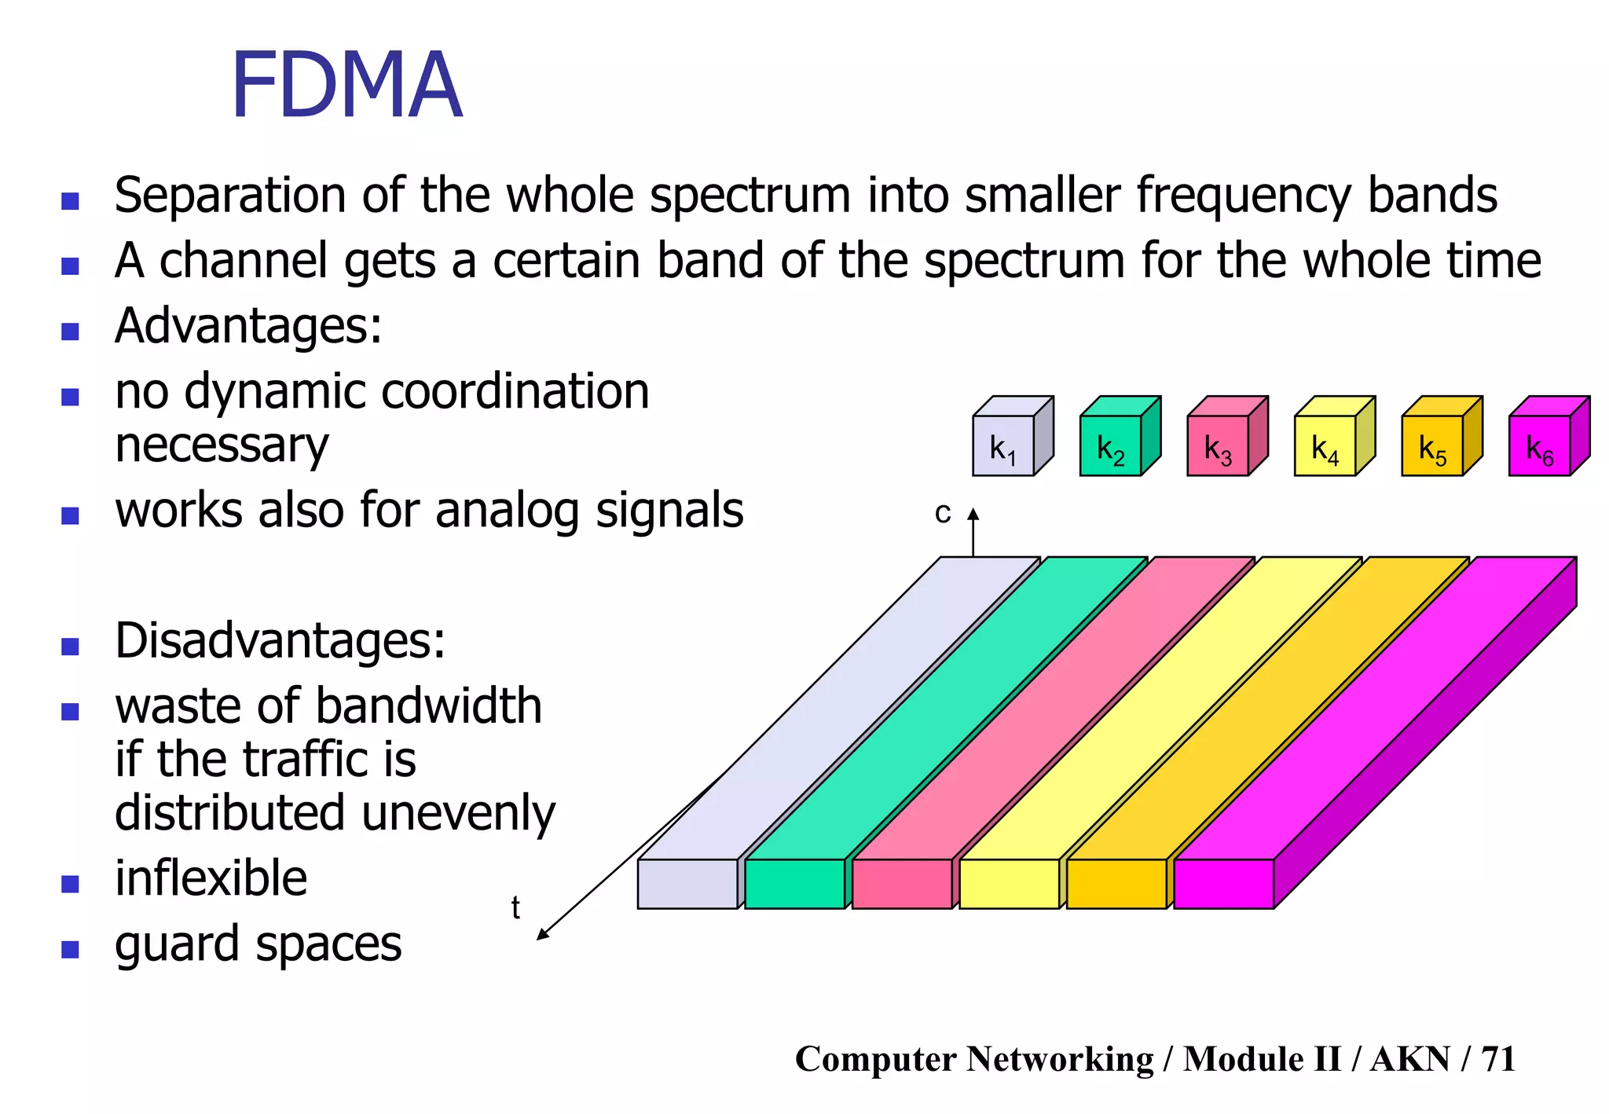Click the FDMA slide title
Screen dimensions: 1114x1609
[346, 86]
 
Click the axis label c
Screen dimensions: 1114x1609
[943, 514]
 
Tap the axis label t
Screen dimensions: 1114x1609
[515, 908]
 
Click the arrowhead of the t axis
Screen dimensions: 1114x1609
[541, 935]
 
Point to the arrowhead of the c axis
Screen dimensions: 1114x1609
[973, 514]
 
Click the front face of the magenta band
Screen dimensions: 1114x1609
[1223, 884]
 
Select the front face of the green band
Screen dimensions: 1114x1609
[794, 884]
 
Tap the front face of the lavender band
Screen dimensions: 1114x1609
[687, 884]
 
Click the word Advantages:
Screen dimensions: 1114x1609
[248, 325]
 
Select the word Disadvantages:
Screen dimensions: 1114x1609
[280, 641]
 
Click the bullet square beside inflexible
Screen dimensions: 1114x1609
[71, 885]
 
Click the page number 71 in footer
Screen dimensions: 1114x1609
[1498, 1059]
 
